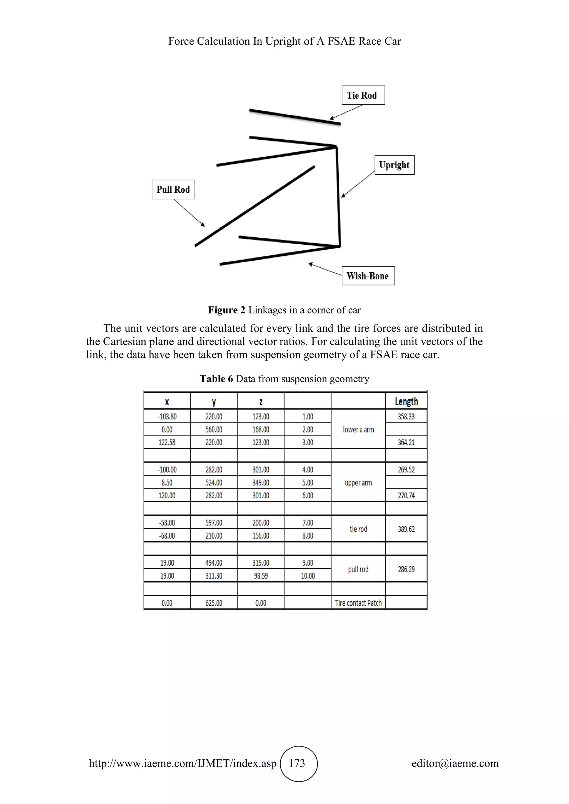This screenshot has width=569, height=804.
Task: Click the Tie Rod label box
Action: (x=363, y=95)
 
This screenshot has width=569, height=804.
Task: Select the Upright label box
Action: (x=394, y=165)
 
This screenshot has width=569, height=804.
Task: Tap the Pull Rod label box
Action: (x=173, y=189)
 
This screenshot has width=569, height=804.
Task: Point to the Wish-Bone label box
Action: (x=368, y=276)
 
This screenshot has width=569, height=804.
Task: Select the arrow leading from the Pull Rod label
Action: (x=189, y=213)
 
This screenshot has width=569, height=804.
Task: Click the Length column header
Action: (x=406, y=401)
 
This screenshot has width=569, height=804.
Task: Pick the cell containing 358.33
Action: (x=406, y=417)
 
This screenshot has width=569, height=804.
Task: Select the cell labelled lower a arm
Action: (x=358, y=429)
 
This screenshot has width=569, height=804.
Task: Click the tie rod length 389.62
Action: (x=406, y=529)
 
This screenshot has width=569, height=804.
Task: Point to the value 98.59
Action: (x=261, y=576)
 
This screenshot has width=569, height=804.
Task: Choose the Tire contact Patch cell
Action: (x=358, y=603)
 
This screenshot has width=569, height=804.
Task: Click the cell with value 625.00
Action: (x=214, y=603)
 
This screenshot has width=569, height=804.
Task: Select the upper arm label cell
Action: (x=358, y=483)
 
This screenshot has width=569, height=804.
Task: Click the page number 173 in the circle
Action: (x=297, y=763)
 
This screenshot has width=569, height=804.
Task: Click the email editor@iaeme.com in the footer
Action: (x=455, y=763)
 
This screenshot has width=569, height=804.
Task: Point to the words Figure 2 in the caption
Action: (x=226, y=310)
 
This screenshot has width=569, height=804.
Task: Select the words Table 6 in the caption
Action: (x=216, y=379)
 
